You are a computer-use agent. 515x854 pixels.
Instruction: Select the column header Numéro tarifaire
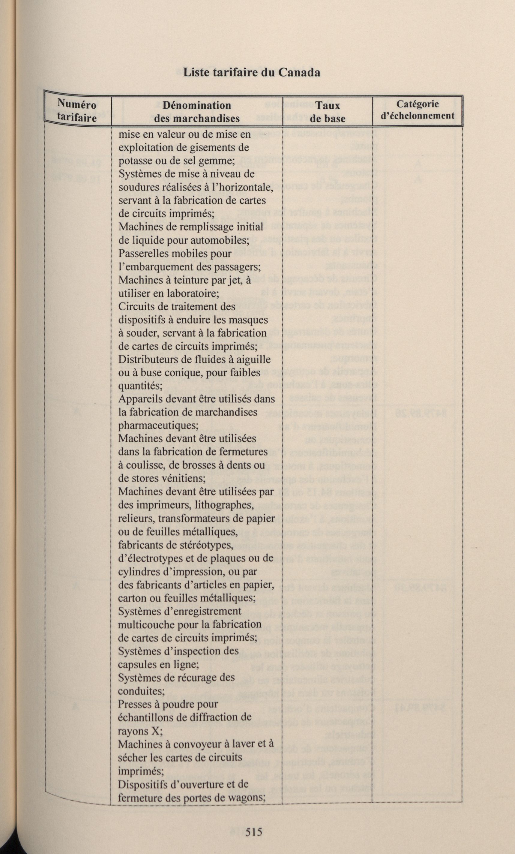[x=77, y=110]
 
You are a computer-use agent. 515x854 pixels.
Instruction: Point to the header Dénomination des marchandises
[x=197, y=112]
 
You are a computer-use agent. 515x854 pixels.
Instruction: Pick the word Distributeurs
[x=148, y=359]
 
